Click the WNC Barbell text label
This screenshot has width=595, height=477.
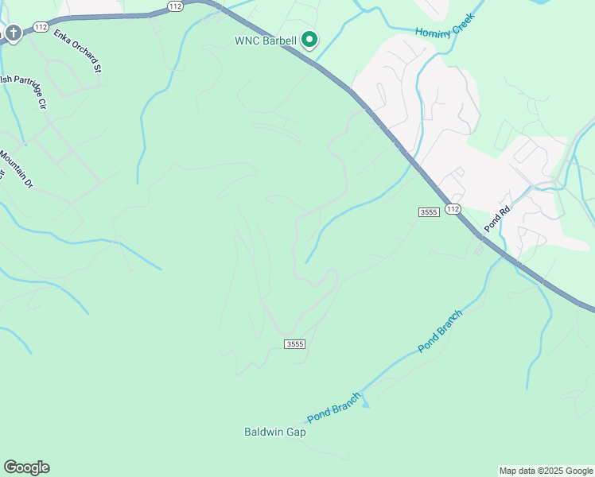265,41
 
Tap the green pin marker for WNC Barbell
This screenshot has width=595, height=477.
309,39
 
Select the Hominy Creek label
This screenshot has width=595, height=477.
445,25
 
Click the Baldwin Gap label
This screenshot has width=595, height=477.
274,432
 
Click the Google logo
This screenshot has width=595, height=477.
26,467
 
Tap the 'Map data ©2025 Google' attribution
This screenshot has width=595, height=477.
546,471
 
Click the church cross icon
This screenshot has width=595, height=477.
14,33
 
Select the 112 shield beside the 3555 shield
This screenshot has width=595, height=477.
453,208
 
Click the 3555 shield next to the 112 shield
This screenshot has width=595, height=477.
428,211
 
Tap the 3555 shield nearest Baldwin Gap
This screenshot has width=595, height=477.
294,343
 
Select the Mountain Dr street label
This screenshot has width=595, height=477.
17,169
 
